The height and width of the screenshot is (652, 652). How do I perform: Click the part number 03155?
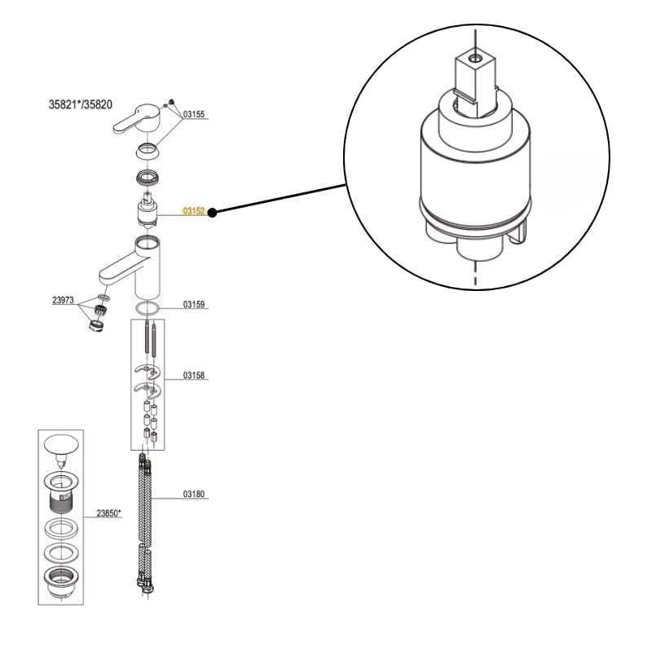(193, 115)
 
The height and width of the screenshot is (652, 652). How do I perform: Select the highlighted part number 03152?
(193, 211)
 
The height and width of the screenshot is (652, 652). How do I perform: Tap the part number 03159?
(193, 304)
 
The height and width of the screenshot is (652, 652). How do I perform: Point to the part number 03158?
(193, 376)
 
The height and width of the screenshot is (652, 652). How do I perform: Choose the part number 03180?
(193, 494)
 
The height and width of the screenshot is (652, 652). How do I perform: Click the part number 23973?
(63, 300)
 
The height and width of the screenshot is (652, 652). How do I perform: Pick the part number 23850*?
(109, 513)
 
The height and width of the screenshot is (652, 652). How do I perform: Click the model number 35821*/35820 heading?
(81, 105)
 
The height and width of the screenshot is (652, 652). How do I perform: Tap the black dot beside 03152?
(212, 212)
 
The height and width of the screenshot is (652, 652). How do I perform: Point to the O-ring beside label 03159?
(148, 307)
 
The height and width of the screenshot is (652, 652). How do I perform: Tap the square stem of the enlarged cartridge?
(473, 77)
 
